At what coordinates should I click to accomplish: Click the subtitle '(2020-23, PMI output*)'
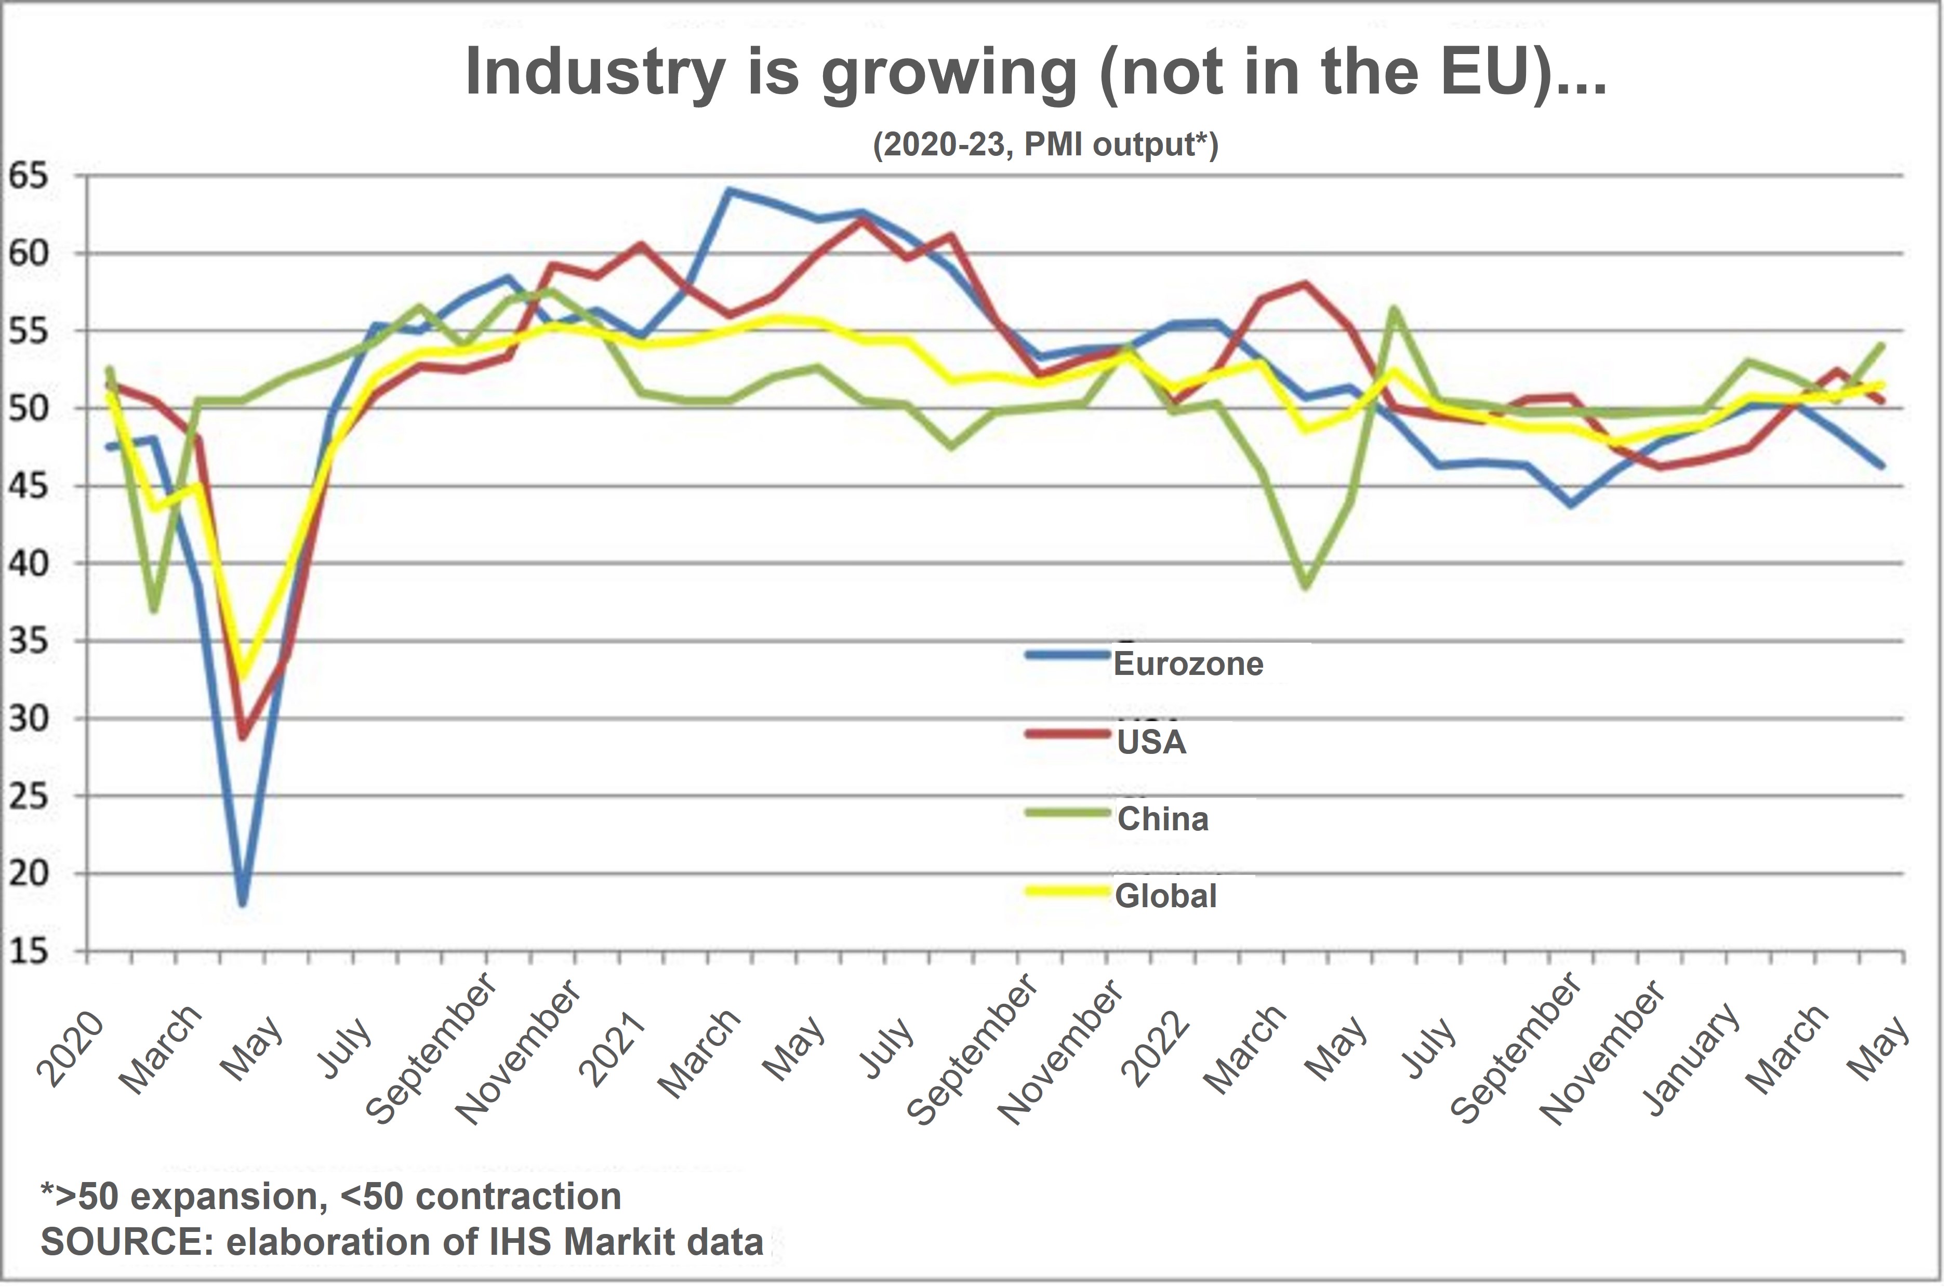pyautogui.click(x=1045, y=144)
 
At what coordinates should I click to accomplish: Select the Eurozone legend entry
pyautogui.click(x=1187, y=663)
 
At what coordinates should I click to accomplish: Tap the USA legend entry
pyautogui.click(x=1151, y=741)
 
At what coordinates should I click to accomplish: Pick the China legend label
pyautogui.click(x=1162, y=818)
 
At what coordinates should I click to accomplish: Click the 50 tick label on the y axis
pyautogui.click(x=28, y=408)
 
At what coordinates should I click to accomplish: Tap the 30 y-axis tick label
pyautogui.click(x=28, y=718)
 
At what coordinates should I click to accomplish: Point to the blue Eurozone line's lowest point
pyautogui.click(x=242, y=903)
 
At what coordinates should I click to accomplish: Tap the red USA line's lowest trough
pyautogui.click(x=242, y=737)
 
